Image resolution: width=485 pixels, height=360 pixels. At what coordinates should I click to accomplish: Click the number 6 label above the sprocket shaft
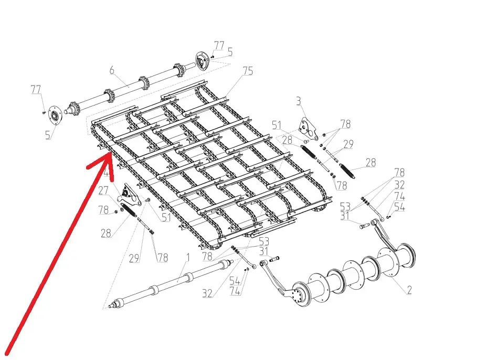(x=112, y=70)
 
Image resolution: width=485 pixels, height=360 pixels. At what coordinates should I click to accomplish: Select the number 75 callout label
(x=248, y=71)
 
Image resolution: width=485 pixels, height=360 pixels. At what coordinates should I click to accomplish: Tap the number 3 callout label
(x=298, y=101)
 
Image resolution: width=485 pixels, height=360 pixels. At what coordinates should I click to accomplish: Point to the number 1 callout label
(x=188, y=258)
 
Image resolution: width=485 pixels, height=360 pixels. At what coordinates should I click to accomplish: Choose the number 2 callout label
(x=409, y=290)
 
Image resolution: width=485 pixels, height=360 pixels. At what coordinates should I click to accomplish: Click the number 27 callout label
(x=103, y=190)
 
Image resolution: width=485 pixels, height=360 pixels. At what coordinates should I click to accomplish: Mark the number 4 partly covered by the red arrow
(x=107, y=173)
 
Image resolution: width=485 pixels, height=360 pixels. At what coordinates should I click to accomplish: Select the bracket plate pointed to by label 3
(x=308, y=129)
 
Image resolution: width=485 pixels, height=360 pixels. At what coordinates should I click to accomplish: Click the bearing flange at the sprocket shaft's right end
(x=202, y=61)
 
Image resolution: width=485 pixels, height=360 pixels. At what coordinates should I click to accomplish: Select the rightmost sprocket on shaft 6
(x=177, y=70)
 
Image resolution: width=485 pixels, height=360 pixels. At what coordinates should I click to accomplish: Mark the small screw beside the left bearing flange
(x=44, y=113)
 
